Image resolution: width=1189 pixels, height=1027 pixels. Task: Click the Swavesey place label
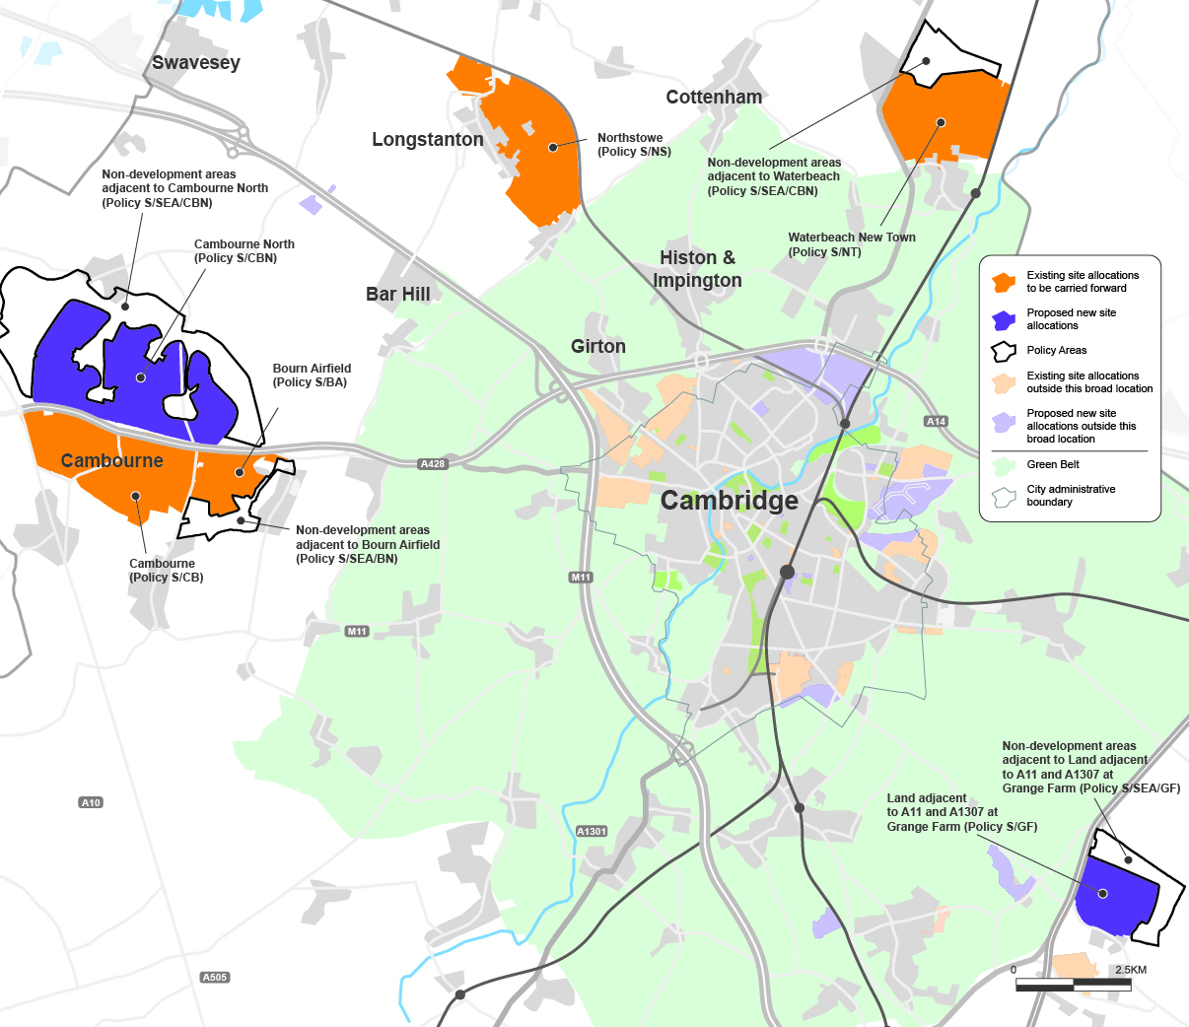click(195, 63)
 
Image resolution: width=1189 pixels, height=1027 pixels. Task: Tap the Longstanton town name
click(427, 140)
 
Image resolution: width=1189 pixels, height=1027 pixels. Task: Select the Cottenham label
click(714, 98)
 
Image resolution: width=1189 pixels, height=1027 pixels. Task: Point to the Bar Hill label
click(397, 294)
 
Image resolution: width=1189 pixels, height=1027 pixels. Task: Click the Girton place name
click(597, 346)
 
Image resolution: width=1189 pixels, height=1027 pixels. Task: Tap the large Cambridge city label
click(729, 501)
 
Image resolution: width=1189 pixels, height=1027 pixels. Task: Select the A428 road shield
click(433, 464)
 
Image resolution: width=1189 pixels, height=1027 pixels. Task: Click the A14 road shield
click(936, 422)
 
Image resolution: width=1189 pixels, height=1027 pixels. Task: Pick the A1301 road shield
click(592, 832)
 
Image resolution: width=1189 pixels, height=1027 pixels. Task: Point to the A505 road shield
click(214, 978)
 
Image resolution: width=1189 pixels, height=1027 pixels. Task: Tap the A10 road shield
click(91, 803)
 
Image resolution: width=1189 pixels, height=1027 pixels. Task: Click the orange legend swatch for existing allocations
click(1004, 282)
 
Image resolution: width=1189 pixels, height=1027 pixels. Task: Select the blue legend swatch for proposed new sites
click(1004, 319)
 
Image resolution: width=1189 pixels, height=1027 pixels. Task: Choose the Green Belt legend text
click(1052, 464)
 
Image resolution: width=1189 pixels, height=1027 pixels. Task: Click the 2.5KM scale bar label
click(1130, 970)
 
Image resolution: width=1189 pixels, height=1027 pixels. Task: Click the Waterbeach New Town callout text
click(851, 244)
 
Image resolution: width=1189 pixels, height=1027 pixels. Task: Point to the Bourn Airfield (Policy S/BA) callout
click(312, 376)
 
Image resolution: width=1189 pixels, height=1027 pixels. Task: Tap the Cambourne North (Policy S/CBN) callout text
click(244, 251)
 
